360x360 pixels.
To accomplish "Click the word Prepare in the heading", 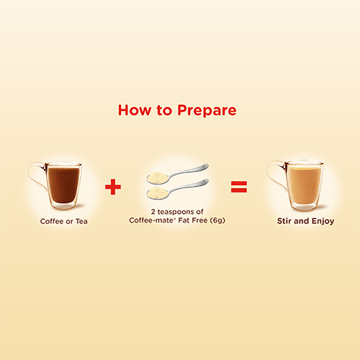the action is (207, 111).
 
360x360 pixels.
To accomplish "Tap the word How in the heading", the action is (135, 110).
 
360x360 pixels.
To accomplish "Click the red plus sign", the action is (113, 186).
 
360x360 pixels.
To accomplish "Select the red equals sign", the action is (239, 186).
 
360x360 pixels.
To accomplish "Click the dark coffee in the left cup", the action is (63, 185).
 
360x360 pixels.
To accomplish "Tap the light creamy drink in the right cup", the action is (305, 185).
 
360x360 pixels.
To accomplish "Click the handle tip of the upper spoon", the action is (207, 165).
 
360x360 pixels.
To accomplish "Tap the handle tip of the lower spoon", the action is (207, 180).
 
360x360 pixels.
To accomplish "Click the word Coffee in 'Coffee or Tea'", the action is (52, 221).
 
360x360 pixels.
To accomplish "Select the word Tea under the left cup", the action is (81, 221).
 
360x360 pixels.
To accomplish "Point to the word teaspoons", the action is (176, 212).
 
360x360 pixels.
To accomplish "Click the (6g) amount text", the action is (217, 220).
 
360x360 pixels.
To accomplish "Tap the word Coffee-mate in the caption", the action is (150, 220).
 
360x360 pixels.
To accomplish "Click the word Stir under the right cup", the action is (284, 221).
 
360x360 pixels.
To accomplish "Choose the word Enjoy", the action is (323, 221).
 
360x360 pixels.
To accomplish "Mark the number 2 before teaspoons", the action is (153, 212).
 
